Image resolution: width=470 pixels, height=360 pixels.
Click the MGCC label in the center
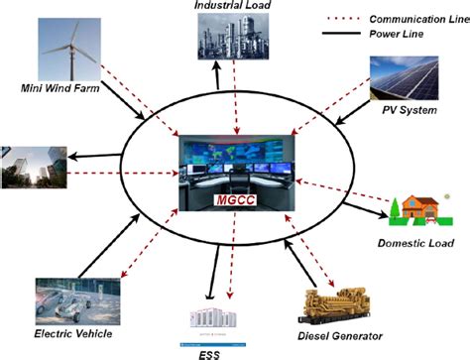(234, 202)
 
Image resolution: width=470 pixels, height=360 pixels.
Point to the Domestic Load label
(415, 243)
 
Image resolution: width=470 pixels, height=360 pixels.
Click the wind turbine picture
(71, 45)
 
